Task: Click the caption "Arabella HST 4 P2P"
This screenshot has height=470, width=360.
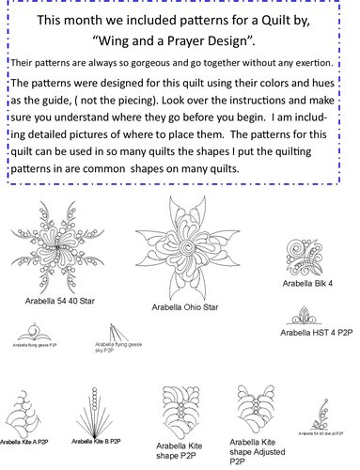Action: pyautogui.click(x=316, y=333)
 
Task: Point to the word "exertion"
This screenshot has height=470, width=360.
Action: pyautogui.click(x=319, y=64)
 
